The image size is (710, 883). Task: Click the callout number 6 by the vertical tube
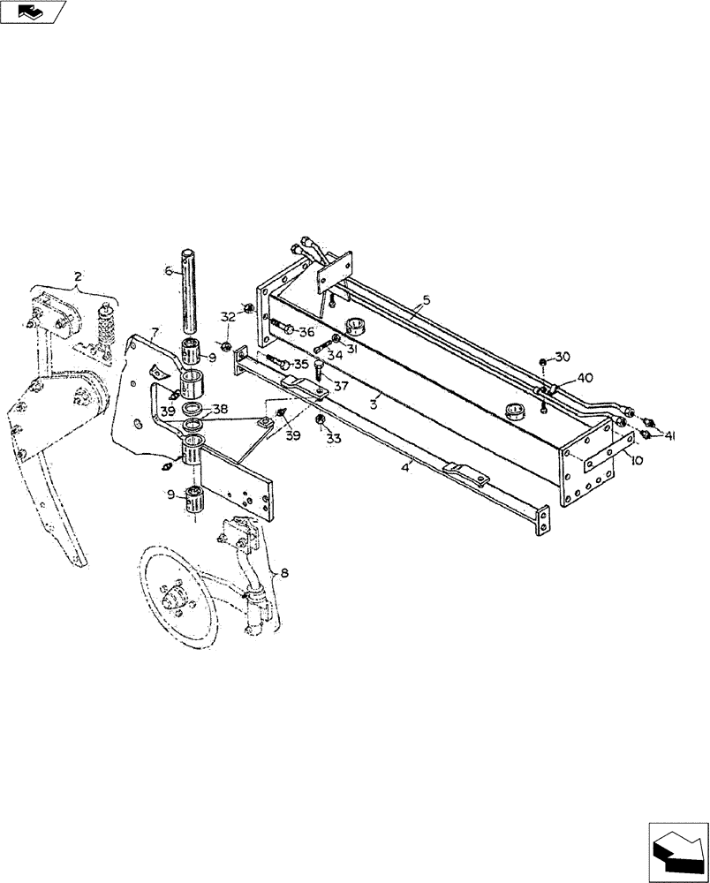point(167,273)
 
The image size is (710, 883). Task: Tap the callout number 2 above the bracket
point(78,277)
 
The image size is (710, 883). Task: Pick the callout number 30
point(563,356)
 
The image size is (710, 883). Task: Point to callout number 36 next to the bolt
point(306,332)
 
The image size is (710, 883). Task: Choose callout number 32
point(227,316)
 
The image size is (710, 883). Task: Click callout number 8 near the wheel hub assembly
point(283,574)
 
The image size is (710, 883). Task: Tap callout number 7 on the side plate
point(154,333)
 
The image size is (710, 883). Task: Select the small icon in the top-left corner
point(33,11)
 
